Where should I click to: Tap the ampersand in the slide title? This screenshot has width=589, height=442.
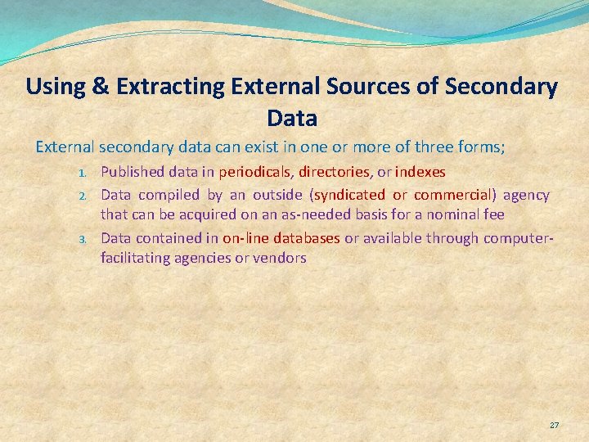pos(101,87)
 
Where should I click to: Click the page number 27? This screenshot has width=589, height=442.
pos(554,426)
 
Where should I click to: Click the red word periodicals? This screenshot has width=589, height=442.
pos(254,173)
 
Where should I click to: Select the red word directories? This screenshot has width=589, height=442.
pos(334,173)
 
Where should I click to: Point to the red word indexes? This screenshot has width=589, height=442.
pos(420,173)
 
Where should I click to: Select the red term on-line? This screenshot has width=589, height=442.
pos(243,238)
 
